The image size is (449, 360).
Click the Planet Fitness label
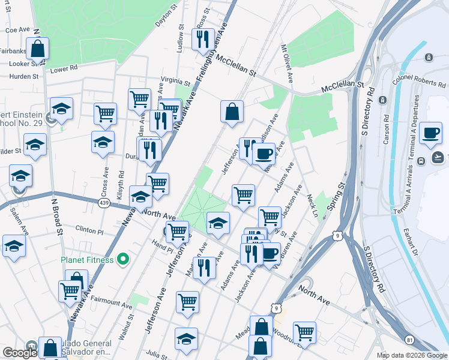click(x=87, y=260)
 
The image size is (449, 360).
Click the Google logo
click(x=20, y=353)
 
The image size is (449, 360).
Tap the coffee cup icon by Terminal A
click(x=430, y=133)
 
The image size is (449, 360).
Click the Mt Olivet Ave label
click(x=287, y=63)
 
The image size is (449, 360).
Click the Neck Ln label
click(x=311, y=205)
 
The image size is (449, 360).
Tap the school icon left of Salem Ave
click(x=14, y=245)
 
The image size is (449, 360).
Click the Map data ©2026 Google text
click(x=412, y=355)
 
